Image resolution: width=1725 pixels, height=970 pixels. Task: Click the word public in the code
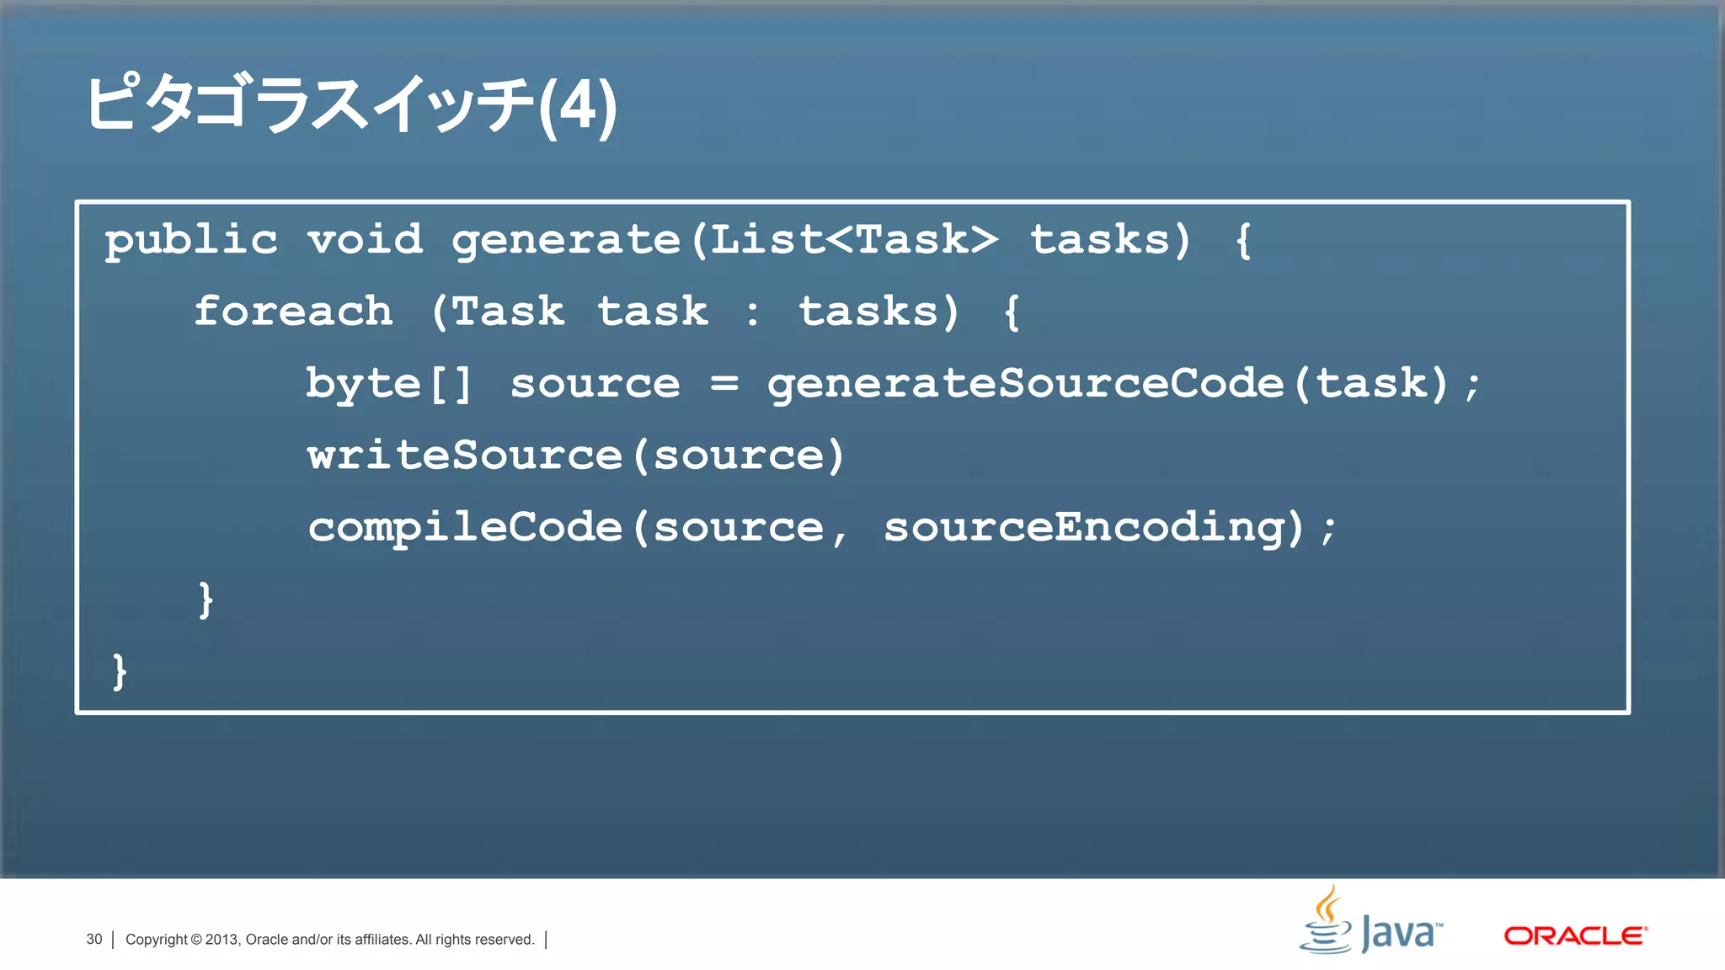(191, 241)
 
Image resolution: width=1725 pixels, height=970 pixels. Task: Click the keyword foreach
(293, 312)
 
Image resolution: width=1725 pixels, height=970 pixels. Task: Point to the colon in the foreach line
(752, 313)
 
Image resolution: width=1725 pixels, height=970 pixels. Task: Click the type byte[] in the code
(388, 384)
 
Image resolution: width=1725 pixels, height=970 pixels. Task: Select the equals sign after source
(724, 384)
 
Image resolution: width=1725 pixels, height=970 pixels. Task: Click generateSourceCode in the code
(1025, 384)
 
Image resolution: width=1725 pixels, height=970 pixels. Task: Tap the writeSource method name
(464, 456)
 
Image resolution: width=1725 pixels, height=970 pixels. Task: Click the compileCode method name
(464, 528)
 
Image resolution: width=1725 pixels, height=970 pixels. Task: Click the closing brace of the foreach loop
(206, 600)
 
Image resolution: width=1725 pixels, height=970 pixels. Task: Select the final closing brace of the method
(120, 672)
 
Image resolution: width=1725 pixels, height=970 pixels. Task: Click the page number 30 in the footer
(93, 939)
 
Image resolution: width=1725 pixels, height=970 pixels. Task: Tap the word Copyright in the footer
(156, 939)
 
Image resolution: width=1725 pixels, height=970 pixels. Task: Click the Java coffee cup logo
(1326, 919)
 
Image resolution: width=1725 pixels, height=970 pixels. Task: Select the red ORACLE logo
(1575, 935)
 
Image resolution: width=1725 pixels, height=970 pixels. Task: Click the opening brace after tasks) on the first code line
(1243, 241)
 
